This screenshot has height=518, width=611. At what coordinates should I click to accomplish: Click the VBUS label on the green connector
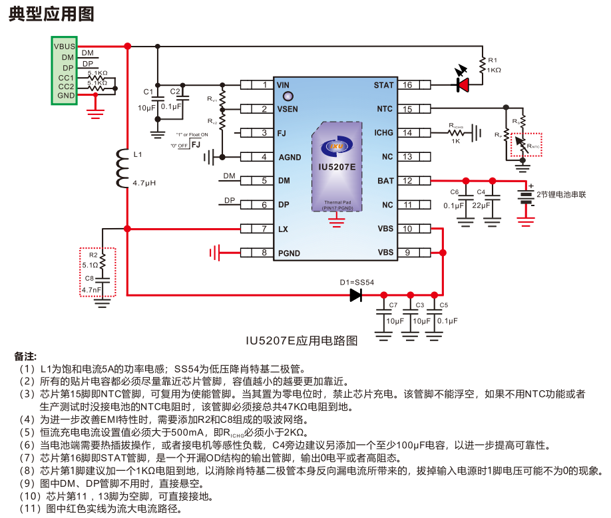[x=65, y=46]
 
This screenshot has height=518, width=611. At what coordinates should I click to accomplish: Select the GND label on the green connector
[x=66, y=96]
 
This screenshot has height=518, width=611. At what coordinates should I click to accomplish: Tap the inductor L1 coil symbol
[x=122, y=168]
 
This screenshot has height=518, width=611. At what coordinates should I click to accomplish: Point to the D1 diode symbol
[x=356, y=295]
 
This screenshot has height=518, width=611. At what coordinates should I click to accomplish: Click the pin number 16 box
[x=407, y=85]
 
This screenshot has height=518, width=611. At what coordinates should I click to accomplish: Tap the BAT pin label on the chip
[x=385, y=181]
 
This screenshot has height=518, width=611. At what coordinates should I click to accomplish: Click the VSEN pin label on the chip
[x=288, y=109]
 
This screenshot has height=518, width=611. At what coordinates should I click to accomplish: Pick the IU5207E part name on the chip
[x=337, y=168]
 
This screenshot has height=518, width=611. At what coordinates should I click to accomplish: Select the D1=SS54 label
[x=357, y=282]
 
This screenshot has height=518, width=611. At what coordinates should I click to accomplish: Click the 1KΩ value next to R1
[x=494, y=70]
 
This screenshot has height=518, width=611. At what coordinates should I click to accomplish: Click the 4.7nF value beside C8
[x=91, y=290]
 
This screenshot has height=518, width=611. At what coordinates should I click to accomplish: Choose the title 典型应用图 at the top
[x=51, y=14]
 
